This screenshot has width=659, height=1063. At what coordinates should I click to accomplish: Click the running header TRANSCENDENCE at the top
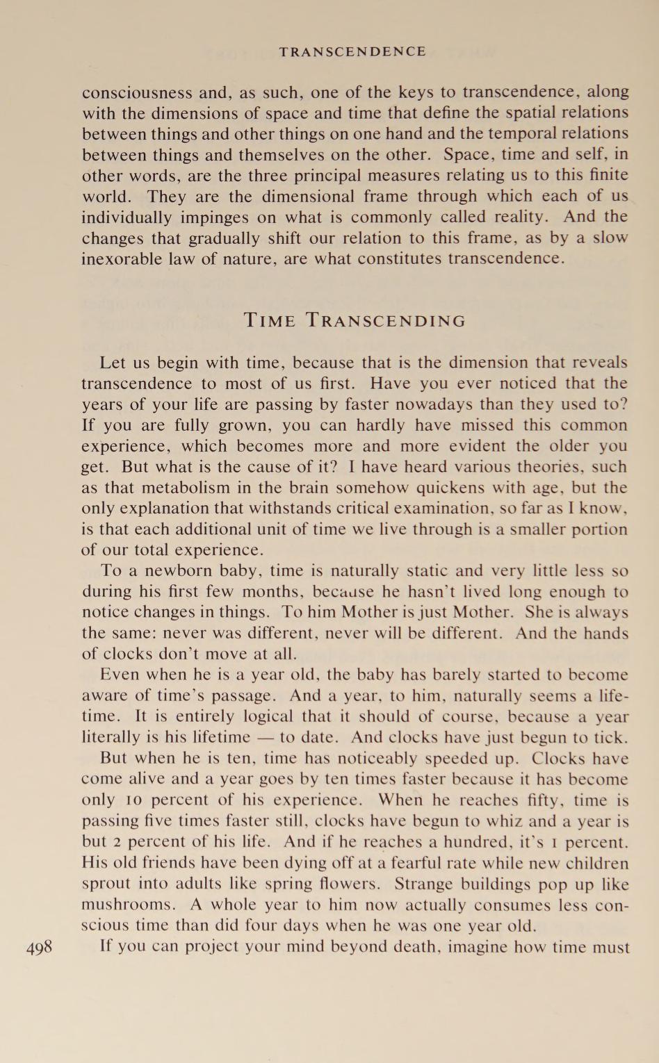tap(352, 51)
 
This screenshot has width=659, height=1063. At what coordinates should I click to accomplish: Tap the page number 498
tap(39, 946)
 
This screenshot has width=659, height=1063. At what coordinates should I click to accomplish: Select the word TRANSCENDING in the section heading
tap(387, 321)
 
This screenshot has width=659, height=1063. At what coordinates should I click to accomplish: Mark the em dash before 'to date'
tap(264, 738)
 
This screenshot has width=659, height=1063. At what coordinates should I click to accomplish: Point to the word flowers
tap(346, 884)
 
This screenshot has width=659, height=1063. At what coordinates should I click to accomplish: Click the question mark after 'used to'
tap(624, 404)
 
